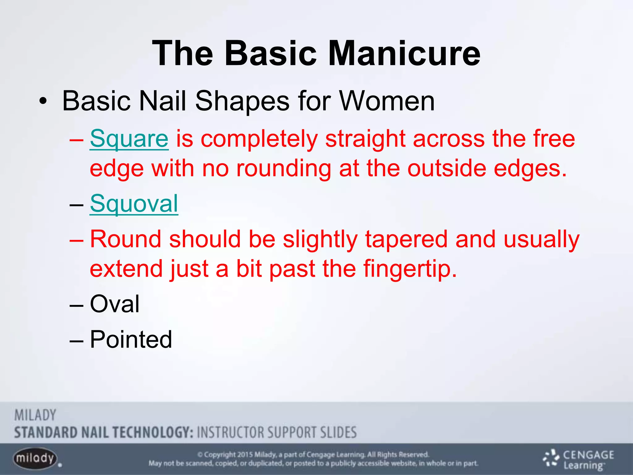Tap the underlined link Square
(x=129, y=139)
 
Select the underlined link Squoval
(x=134, y=204)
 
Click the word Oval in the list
(x=115, y=304)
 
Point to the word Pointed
(x=131, y=339)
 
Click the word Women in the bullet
(x=387, y=101)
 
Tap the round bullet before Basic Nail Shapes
(x=43, y=101)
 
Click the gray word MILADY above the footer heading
(x=35, y=415)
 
